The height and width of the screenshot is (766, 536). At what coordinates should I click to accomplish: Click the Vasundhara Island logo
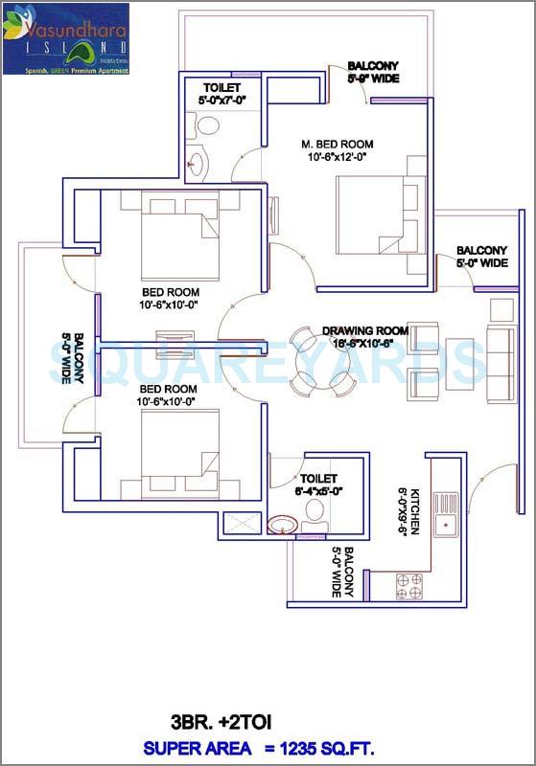pos(65,38)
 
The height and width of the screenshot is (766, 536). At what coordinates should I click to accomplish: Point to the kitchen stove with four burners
pos(409,586)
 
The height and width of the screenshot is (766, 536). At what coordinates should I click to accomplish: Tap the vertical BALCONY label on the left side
pos(73,359)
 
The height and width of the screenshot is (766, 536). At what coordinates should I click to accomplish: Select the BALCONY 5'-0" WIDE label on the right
pos(481,256)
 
